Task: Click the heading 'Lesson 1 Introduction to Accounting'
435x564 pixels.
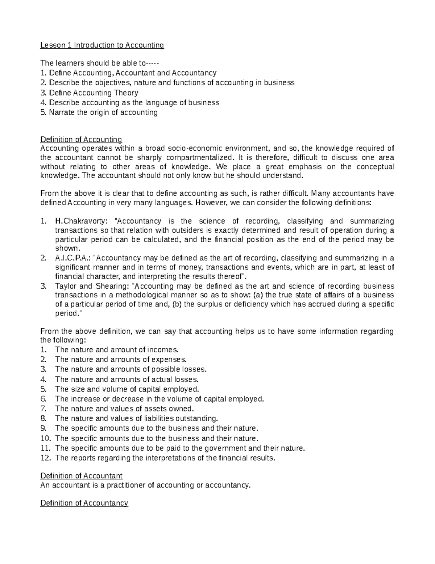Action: coord(102,45)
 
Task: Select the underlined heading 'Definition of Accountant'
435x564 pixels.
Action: coord(81,476)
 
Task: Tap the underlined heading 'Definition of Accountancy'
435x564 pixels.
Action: coord(84,503)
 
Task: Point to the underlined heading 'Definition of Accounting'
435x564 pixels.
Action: coord(81,139)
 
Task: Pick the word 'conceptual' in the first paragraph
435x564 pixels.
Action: coord(376,167)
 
